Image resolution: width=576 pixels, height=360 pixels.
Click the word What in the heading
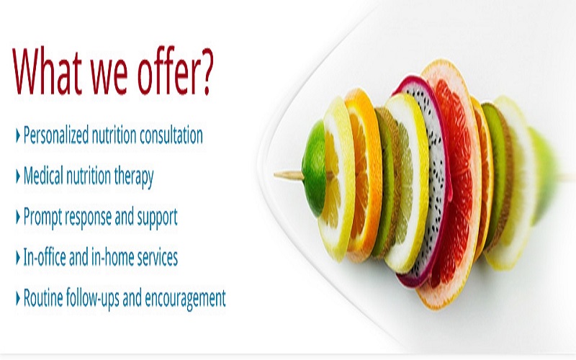point(47,71)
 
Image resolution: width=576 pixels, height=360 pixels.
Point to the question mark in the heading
point(207,71)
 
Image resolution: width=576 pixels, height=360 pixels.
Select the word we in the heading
point(109,78)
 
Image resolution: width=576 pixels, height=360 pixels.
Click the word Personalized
point(56,135)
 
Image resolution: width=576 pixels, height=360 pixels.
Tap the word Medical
point(43,175)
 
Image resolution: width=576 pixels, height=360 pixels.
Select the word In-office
point(44,256)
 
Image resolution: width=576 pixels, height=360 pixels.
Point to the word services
point(157,257)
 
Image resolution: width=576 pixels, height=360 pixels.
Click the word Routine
point(43,297)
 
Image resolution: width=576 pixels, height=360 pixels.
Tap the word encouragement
point(185,299)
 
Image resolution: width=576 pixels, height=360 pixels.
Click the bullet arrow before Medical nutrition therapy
point(17,176)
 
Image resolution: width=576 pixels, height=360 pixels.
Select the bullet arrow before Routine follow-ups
point(17,298)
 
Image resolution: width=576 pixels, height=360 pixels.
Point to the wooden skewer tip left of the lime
point(276,175)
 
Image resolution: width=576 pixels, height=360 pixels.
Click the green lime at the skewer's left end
point(313,169)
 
